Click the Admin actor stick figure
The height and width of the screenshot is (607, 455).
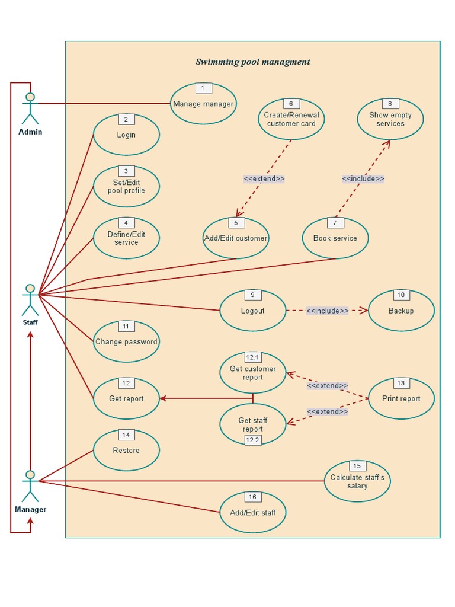[30, 108]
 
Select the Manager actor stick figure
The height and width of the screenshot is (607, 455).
[30, 486]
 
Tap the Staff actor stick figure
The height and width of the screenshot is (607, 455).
[30, 299]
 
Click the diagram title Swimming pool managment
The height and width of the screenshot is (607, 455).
[252, 62]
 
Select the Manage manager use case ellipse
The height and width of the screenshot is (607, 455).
[203, 104]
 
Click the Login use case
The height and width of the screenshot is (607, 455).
[126, 135]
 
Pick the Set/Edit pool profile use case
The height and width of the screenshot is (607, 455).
[126, 186]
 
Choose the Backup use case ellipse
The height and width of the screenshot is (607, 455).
[401, 311]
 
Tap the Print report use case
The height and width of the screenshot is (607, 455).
[401, 398]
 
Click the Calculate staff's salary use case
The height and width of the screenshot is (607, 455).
[357, 481]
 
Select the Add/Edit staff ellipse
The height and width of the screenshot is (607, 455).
[253, 512]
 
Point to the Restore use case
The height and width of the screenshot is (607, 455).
[126, 450]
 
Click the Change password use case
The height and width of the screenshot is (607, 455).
[126, 341]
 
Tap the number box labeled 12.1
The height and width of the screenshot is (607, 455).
[253, 357]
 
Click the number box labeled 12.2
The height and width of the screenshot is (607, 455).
[253, 440]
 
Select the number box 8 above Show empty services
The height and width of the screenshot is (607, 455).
[390, 104]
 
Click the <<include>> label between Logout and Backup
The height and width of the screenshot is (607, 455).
[327, 311]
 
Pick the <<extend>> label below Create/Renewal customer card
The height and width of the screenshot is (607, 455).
[264, 178]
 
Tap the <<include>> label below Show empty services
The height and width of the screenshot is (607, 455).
[363, 178]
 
